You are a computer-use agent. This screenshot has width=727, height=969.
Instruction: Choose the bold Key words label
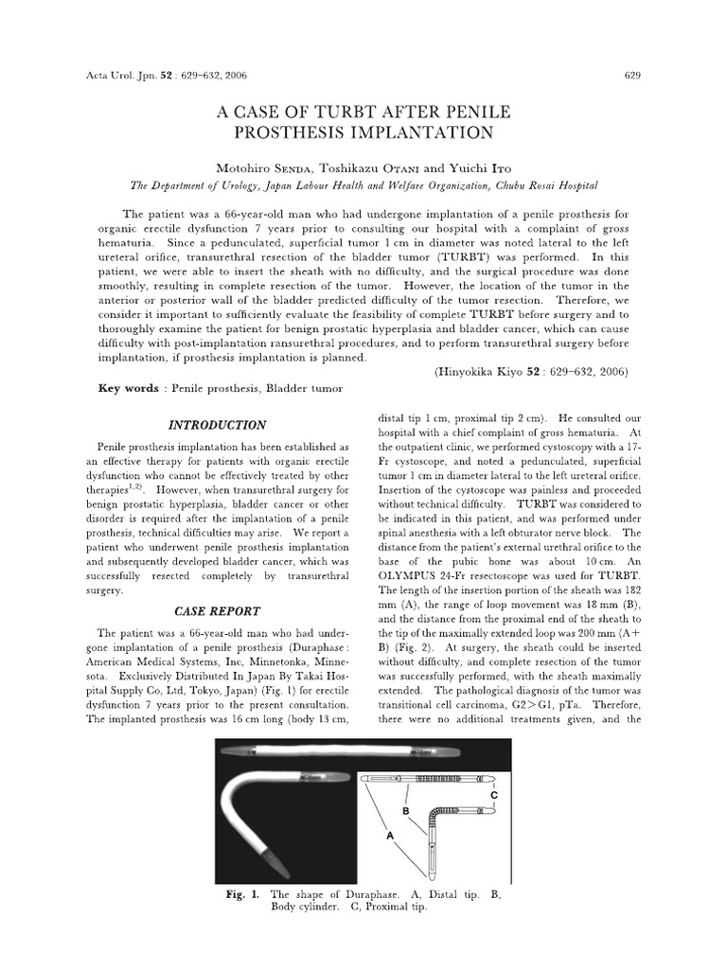click(x=128, y=389)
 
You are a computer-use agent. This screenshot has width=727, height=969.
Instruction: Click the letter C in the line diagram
click(x=492, y=795)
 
